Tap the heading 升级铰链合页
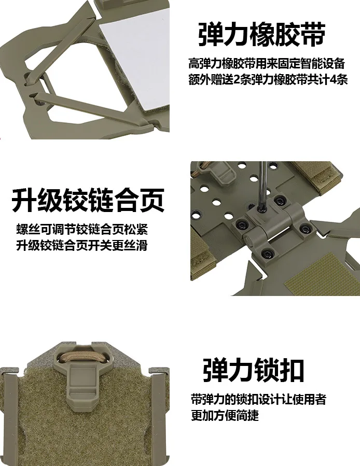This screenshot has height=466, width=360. [x=88, y=200]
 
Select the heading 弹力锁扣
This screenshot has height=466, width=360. [x=254, y=370]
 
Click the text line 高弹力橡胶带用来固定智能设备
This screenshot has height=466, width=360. [x=267, y=63]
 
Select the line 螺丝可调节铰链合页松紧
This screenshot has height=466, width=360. [x=82, y=229]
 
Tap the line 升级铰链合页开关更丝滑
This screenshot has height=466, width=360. [x=82, y=246]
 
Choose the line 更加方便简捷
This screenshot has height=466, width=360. [x=225, y=415]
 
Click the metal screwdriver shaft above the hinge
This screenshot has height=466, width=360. [x=262, y=184]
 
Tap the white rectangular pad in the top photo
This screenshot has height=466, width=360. [x=134, y=60]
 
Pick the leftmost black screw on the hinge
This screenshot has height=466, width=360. [x=241, y=224]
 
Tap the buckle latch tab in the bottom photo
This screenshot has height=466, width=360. [x=82, y=386]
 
